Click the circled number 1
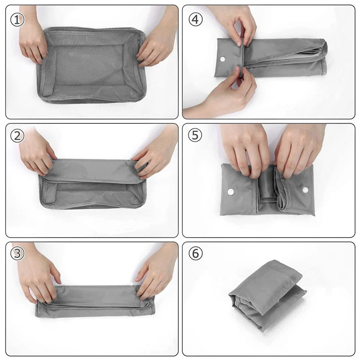click(17, 20)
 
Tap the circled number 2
click(17, 136)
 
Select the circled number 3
click(17, 253)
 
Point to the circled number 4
click(195, 19)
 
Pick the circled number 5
click(195, 135)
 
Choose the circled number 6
click(195, 253)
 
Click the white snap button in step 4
click(222, 59)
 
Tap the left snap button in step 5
click(230, 192)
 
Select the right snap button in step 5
click(305, 190)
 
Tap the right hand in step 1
click(157, 39)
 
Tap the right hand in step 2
click(156, 152)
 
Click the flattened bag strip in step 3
click(95, 301)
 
